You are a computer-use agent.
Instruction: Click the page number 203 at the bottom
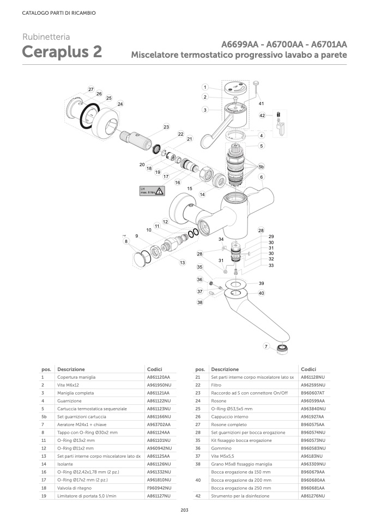click(184, 509)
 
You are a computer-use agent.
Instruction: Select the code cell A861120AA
click(159, 377)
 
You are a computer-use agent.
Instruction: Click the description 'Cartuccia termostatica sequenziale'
click(92, 408)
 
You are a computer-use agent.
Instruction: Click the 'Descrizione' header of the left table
click(71, 369)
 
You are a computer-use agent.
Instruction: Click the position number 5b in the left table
click(44, 416)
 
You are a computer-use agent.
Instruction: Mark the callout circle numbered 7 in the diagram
click(265, 346)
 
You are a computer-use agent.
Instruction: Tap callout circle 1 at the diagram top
click(205, 87)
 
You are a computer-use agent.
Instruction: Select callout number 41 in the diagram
click(261, 103)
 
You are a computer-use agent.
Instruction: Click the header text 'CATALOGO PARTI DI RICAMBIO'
click(59, 13)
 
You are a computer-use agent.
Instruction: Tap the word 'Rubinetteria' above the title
click(46, 37)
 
